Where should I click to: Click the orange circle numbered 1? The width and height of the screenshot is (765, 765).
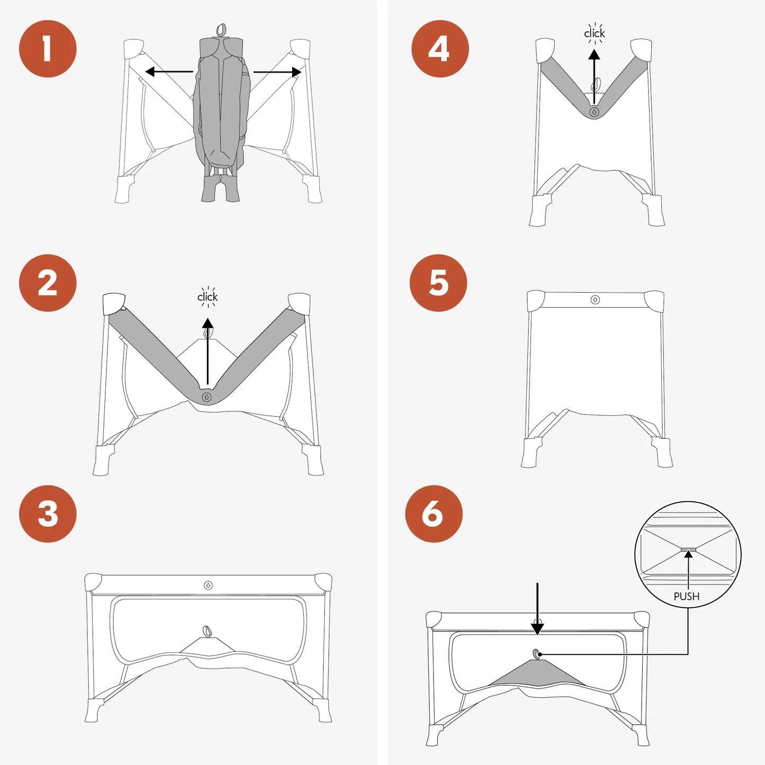(48, 49)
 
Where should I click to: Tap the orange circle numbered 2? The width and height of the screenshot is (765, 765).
(48, 283)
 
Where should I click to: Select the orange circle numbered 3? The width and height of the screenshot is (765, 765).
(48, 514)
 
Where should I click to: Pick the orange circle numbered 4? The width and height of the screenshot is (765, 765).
(440, 49)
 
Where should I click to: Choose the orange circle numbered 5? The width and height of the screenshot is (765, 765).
(438, 283)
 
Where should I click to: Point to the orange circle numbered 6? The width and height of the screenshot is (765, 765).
(434, 514)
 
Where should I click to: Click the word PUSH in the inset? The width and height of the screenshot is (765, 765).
(687, 596)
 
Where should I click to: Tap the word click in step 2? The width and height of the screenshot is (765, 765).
(208, 296)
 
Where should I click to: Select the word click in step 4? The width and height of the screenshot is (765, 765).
(595, 33)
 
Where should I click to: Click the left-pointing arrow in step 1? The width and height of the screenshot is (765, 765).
(169, 72)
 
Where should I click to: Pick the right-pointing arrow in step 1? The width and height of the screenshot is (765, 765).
(277, 72)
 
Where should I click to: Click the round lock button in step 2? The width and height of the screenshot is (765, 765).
(206, 397)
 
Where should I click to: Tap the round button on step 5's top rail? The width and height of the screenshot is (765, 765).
(595, 300)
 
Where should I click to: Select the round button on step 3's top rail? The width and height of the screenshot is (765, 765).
(208, 585)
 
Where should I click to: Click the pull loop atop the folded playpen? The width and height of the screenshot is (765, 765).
(221, 30)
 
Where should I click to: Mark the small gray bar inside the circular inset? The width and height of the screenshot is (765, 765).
(688, 550)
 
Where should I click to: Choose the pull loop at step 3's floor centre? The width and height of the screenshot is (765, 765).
(207, 631)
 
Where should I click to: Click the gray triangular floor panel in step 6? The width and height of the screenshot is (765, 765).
(537, 675)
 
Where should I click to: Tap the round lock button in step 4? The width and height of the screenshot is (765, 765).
(594, 112)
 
